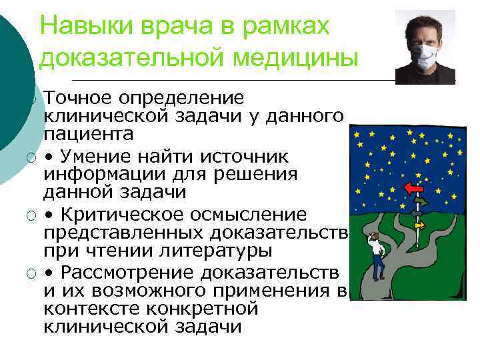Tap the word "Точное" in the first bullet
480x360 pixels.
click(77, 99)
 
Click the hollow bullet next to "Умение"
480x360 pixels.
click(31, 157)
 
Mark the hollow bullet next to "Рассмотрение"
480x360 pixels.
click(31, 274)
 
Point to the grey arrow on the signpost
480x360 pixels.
click(418, 213)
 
